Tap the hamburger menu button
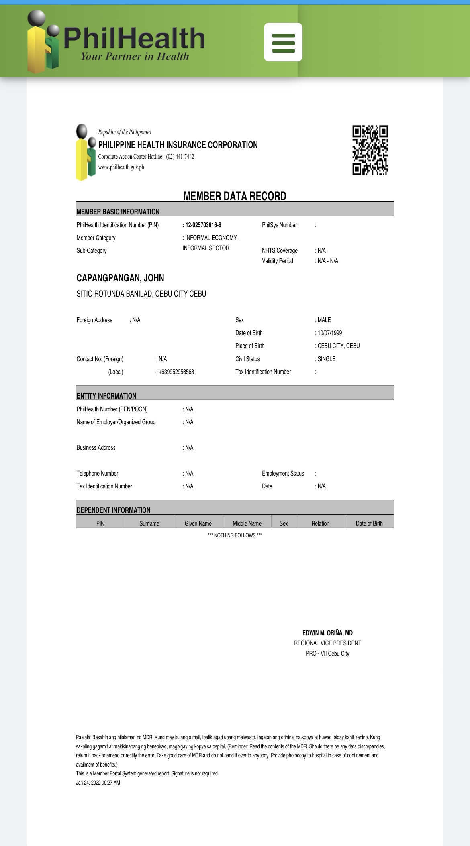coord(283,42)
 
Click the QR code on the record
coord(370,150)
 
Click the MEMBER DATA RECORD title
coord(235,196)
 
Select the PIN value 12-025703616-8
coord(203,225)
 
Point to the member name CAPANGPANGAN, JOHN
coord(120,278)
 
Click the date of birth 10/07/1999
coord(329,333)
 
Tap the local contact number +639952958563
coord(176,372)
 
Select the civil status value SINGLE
coord(326,359)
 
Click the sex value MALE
coord(324,320)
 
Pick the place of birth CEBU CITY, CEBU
coord(338,346)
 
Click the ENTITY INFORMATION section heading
coord(106,396)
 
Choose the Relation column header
coord(320,523)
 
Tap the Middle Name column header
coord(247,523)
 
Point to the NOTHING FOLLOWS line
coord(235,535)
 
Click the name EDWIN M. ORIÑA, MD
coord(327,633)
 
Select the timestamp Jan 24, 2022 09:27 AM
coord(98,783)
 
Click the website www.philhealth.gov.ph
coord(121,167)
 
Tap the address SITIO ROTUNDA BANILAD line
coord(141,294)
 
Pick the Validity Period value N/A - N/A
coord(327,261)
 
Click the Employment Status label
coord(283,474)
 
